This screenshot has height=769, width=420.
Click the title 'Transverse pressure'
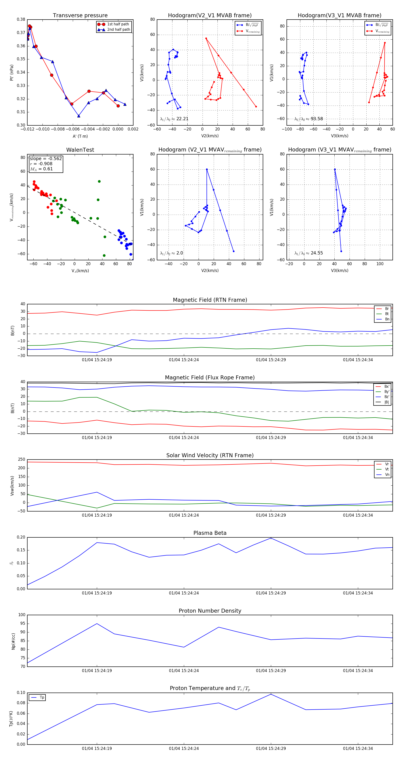point(80,16)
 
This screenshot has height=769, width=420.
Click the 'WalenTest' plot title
point(80,150)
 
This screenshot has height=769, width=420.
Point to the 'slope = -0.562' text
point(46,158)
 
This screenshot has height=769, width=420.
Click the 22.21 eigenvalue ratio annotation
point(174,119)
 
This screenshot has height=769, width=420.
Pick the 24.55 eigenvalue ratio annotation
point(308,253)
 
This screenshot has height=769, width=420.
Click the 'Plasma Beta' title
point(210,533)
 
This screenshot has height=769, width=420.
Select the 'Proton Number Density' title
point(210,611)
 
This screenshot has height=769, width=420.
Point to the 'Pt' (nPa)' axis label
point(12,72)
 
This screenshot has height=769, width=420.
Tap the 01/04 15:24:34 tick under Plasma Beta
point(358,593)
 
